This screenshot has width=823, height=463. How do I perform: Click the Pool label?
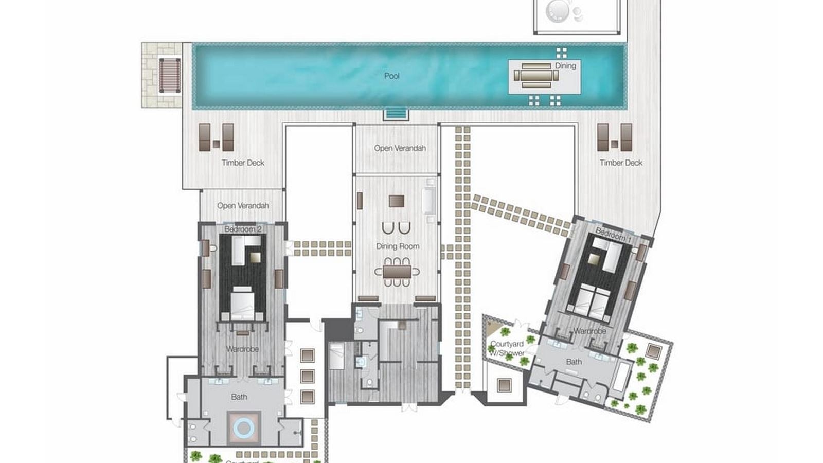391,76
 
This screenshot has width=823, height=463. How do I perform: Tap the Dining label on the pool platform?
565,65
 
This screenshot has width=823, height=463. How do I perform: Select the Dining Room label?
397,246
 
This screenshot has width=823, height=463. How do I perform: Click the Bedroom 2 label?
243,229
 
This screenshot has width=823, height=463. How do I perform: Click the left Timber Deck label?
243,163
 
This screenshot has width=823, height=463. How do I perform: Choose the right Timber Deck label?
621,163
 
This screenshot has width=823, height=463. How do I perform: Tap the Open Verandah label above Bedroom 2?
243,206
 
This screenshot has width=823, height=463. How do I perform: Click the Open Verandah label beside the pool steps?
400,148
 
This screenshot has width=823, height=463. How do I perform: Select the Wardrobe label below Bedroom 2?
242,349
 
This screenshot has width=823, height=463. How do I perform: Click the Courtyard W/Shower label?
507,348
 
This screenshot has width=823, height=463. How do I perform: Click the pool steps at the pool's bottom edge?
396,113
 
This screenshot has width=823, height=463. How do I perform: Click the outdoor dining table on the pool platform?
536,76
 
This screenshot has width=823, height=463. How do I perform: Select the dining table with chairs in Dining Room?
397,272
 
